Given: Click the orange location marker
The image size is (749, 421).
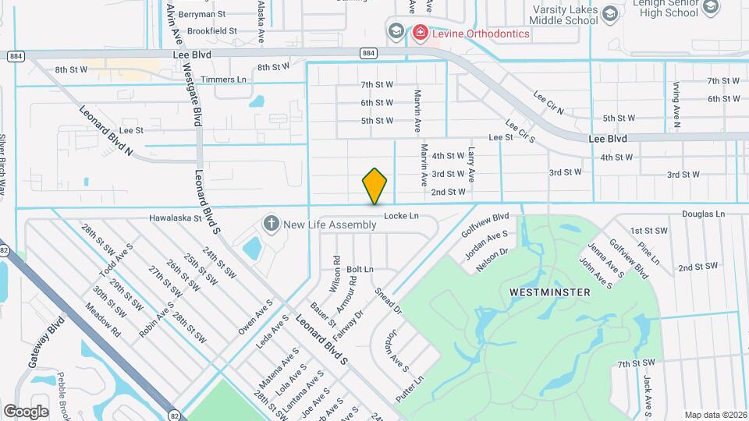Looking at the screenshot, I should coord(375,186).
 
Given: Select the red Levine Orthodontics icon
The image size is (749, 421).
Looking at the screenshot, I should coord(420,33).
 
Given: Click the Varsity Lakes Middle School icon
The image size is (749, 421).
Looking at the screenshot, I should coord(610,13).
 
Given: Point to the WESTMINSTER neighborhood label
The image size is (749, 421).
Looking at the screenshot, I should coord(549,292).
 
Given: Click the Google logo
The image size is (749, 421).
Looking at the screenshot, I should coord(26,411).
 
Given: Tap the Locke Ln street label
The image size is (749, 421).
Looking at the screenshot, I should coord(403,216).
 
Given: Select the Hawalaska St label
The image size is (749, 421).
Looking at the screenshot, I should coord(176,219).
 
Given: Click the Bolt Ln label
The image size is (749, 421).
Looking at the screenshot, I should coord(360,269).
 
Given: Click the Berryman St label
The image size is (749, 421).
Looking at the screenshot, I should coord(201,14).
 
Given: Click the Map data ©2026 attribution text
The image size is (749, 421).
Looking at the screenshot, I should coord(715,415).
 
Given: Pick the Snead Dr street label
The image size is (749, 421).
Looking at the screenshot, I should coord(388,300).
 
